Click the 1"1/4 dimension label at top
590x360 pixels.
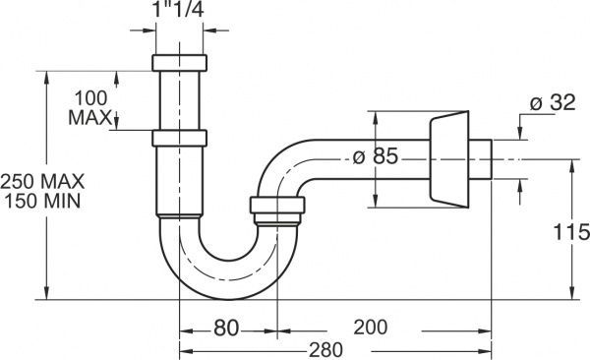click(178, 9)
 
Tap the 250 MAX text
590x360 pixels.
click(42, 182)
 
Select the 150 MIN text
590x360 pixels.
click(42, 201)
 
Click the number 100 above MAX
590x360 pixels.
click(91, 98)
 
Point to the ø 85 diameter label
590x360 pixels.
click(376, 155)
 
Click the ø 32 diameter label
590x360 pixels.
click(553, 102)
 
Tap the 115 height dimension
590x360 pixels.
click(571, 231)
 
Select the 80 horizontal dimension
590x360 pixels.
click(226, 328)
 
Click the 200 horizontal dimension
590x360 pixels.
click(371, 327)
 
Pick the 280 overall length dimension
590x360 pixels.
click(325, 350)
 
